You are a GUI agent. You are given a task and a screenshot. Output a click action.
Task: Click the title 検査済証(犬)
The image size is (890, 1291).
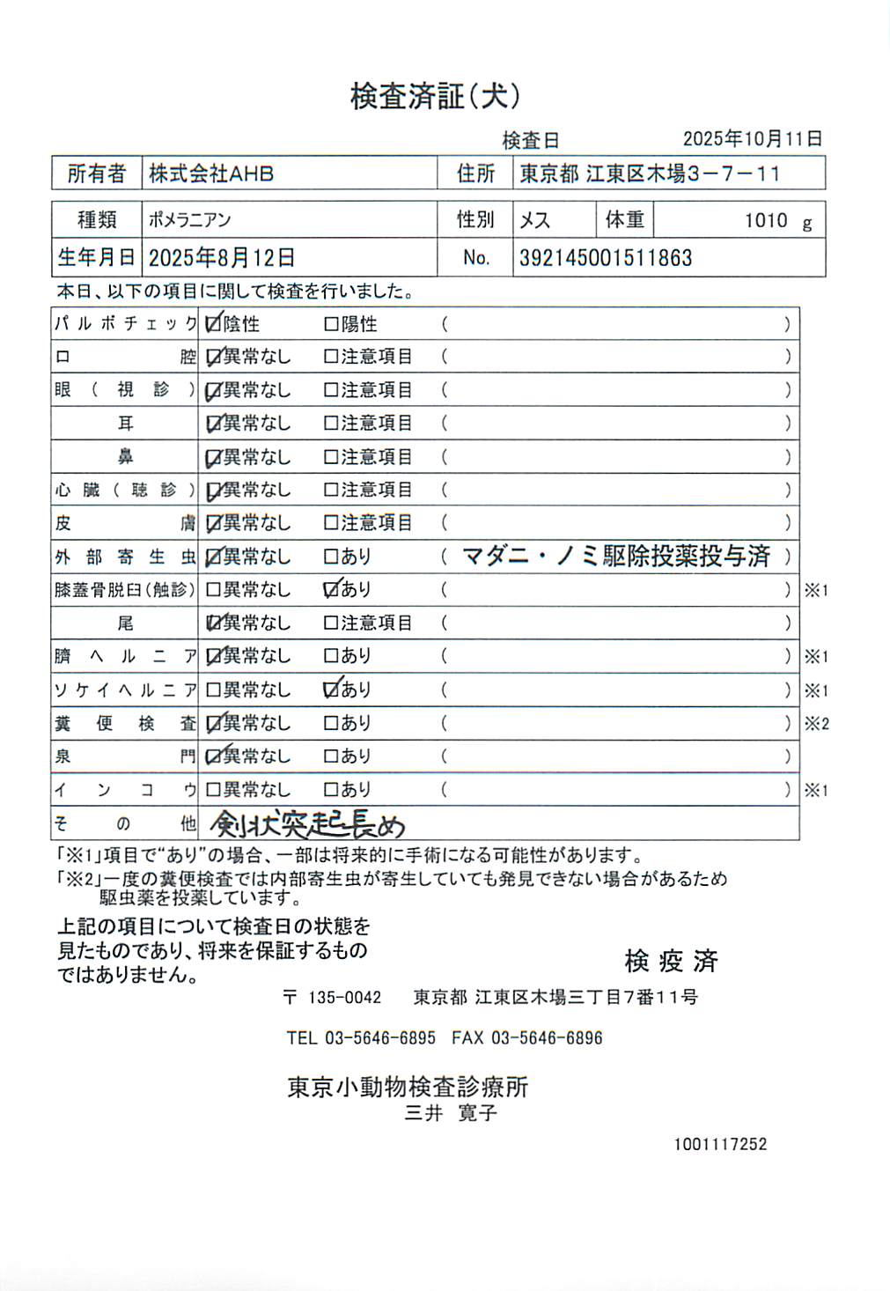tap(435, 96)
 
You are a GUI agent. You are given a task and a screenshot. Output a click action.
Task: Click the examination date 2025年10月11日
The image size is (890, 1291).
tap(752, 138)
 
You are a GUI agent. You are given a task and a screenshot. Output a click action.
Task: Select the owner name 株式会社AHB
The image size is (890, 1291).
tap(211, 173)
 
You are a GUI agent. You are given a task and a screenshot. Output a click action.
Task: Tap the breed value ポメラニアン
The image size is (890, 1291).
tap(190, 220)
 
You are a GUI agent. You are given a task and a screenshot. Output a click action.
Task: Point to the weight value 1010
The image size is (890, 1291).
tap(765, 220)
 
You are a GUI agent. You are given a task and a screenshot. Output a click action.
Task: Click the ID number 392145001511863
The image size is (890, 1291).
tap(606, 258)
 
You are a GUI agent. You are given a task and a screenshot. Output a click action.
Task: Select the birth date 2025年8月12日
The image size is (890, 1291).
tap(221, 258)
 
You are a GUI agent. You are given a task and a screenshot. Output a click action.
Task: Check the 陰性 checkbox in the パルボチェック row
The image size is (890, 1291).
tap(212, 324)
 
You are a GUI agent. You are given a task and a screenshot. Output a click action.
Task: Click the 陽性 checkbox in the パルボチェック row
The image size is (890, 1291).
tap(331, 324)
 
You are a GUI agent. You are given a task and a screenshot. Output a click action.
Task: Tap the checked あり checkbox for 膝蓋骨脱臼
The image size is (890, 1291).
tap(332, 589)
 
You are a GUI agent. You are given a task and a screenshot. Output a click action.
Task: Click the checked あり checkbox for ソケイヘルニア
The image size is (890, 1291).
tap(332, 690)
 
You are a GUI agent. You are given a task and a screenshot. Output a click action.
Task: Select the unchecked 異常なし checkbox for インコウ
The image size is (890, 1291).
tap(212, 790)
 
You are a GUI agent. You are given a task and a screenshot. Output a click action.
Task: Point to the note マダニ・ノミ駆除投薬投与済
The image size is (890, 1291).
tap(615, 556)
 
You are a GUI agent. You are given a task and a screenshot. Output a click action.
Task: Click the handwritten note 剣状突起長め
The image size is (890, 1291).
tap(308, 824)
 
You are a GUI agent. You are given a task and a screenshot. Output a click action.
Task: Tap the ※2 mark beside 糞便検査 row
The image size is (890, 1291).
tap(816, 724)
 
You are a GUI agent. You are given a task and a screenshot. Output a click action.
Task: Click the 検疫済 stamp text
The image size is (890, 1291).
tap(671, 961)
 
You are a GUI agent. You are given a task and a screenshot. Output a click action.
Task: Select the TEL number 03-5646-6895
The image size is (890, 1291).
tap(379, 1037)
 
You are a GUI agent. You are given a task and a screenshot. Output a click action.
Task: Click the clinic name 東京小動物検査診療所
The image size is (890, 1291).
tap(408, 1087)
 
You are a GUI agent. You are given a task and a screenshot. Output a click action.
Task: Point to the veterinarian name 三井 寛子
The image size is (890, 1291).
tap(451, 1113)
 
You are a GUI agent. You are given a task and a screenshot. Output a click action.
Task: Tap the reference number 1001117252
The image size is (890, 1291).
tap(720, 1144)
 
